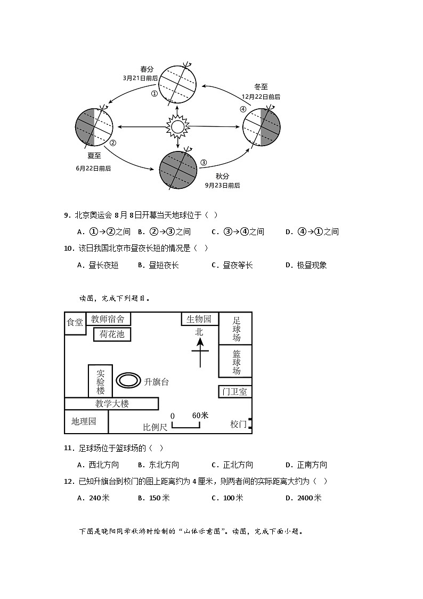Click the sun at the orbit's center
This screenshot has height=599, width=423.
point(177,127)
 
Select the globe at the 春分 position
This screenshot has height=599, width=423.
point(177,84)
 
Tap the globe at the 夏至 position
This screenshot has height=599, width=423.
point(94,127)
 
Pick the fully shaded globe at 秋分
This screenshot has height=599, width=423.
point(177,170)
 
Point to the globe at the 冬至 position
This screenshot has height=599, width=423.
point(261,127)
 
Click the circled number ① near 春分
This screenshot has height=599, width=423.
point(154,93)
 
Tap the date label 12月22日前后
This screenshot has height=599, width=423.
point(261,97)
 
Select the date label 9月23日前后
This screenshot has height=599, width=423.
point(222,185)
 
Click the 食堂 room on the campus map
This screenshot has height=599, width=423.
point(75,323)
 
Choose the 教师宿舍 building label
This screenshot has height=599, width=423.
point(108,319)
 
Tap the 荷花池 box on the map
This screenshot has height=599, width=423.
point(112,334)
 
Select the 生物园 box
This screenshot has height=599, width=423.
point(199,319)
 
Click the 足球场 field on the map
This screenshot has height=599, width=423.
point(235,329)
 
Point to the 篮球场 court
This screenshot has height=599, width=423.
point(235,362)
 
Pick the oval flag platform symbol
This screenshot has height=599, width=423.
point(128,380)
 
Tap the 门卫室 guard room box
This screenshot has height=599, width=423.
point(235,392)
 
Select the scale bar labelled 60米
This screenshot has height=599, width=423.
point(186,425)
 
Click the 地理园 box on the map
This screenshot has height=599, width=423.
point(85,421)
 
